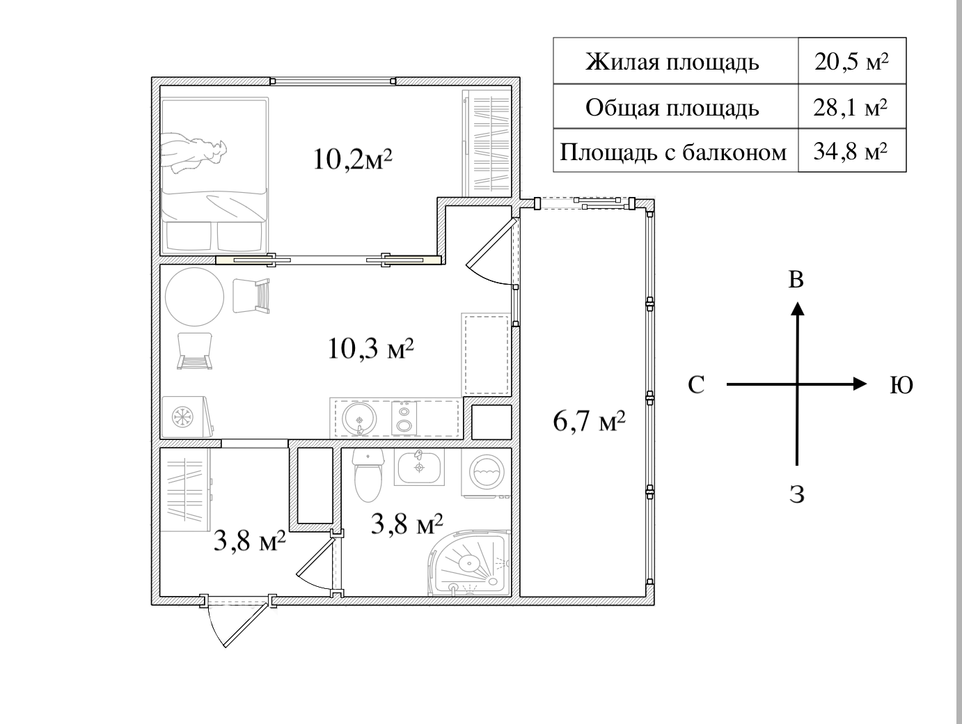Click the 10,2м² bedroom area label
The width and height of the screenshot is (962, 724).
coord(353,160)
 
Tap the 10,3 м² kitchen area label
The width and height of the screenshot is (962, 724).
coord(371,347)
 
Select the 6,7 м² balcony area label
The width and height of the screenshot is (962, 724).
coord(589,420)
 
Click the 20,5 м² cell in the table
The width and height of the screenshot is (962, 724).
coord(851,62)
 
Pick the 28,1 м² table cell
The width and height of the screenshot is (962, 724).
coord(851,108)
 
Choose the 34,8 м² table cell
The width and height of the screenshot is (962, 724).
coord(851,150)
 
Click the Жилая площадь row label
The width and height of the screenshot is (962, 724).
coord(672,62)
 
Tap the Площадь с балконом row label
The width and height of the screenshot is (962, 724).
coord(674,151)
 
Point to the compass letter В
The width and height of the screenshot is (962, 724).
coord(796,280)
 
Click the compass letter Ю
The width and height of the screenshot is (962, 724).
coord(901,385)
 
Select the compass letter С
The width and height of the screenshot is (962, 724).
coord(696,385)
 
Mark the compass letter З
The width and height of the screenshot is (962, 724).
coord(797,495)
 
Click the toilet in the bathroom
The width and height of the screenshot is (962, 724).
coord(368,475)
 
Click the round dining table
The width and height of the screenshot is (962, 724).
coord(194,297)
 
